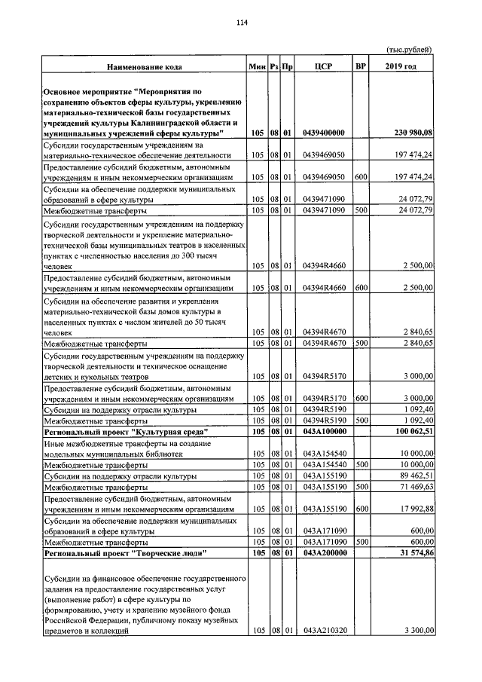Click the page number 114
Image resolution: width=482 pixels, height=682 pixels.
(x=241, y=22)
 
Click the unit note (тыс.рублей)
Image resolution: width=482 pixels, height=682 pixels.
(x=410, y=50)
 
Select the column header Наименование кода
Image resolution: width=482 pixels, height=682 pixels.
(x=143, y=67)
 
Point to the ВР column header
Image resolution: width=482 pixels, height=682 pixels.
(x=361, y=67)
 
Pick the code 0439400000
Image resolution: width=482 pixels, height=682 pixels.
(x=323, y=133)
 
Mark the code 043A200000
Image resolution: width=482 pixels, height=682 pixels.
(x=323, y=554)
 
